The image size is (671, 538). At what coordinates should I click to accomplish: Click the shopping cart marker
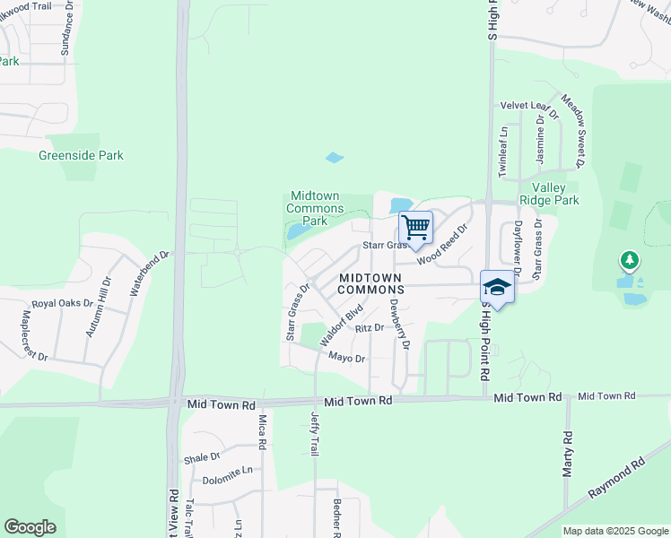coord(415,226)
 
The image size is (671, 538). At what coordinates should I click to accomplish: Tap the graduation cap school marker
coord(497,287)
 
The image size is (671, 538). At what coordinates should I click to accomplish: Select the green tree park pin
coord(630,261)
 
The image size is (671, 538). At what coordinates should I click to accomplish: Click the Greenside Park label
coord(81,155)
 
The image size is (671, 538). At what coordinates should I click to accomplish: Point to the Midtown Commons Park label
coord(315,208)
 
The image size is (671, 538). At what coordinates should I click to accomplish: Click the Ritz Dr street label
coord(370,329)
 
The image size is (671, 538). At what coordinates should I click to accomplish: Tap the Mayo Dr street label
coord(346,358)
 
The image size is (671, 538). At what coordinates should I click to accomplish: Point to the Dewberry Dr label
coord(399,324)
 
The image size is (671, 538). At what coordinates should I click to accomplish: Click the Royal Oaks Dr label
coord(63,304)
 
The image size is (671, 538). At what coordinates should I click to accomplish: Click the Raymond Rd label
coord(617,481)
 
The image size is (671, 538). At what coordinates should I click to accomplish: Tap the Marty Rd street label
coord(567,455)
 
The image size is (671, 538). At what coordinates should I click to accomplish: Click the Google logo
coord(30,527)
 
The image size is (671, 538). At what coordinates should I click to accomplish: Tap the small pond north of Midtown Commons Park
coord(335,158)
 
